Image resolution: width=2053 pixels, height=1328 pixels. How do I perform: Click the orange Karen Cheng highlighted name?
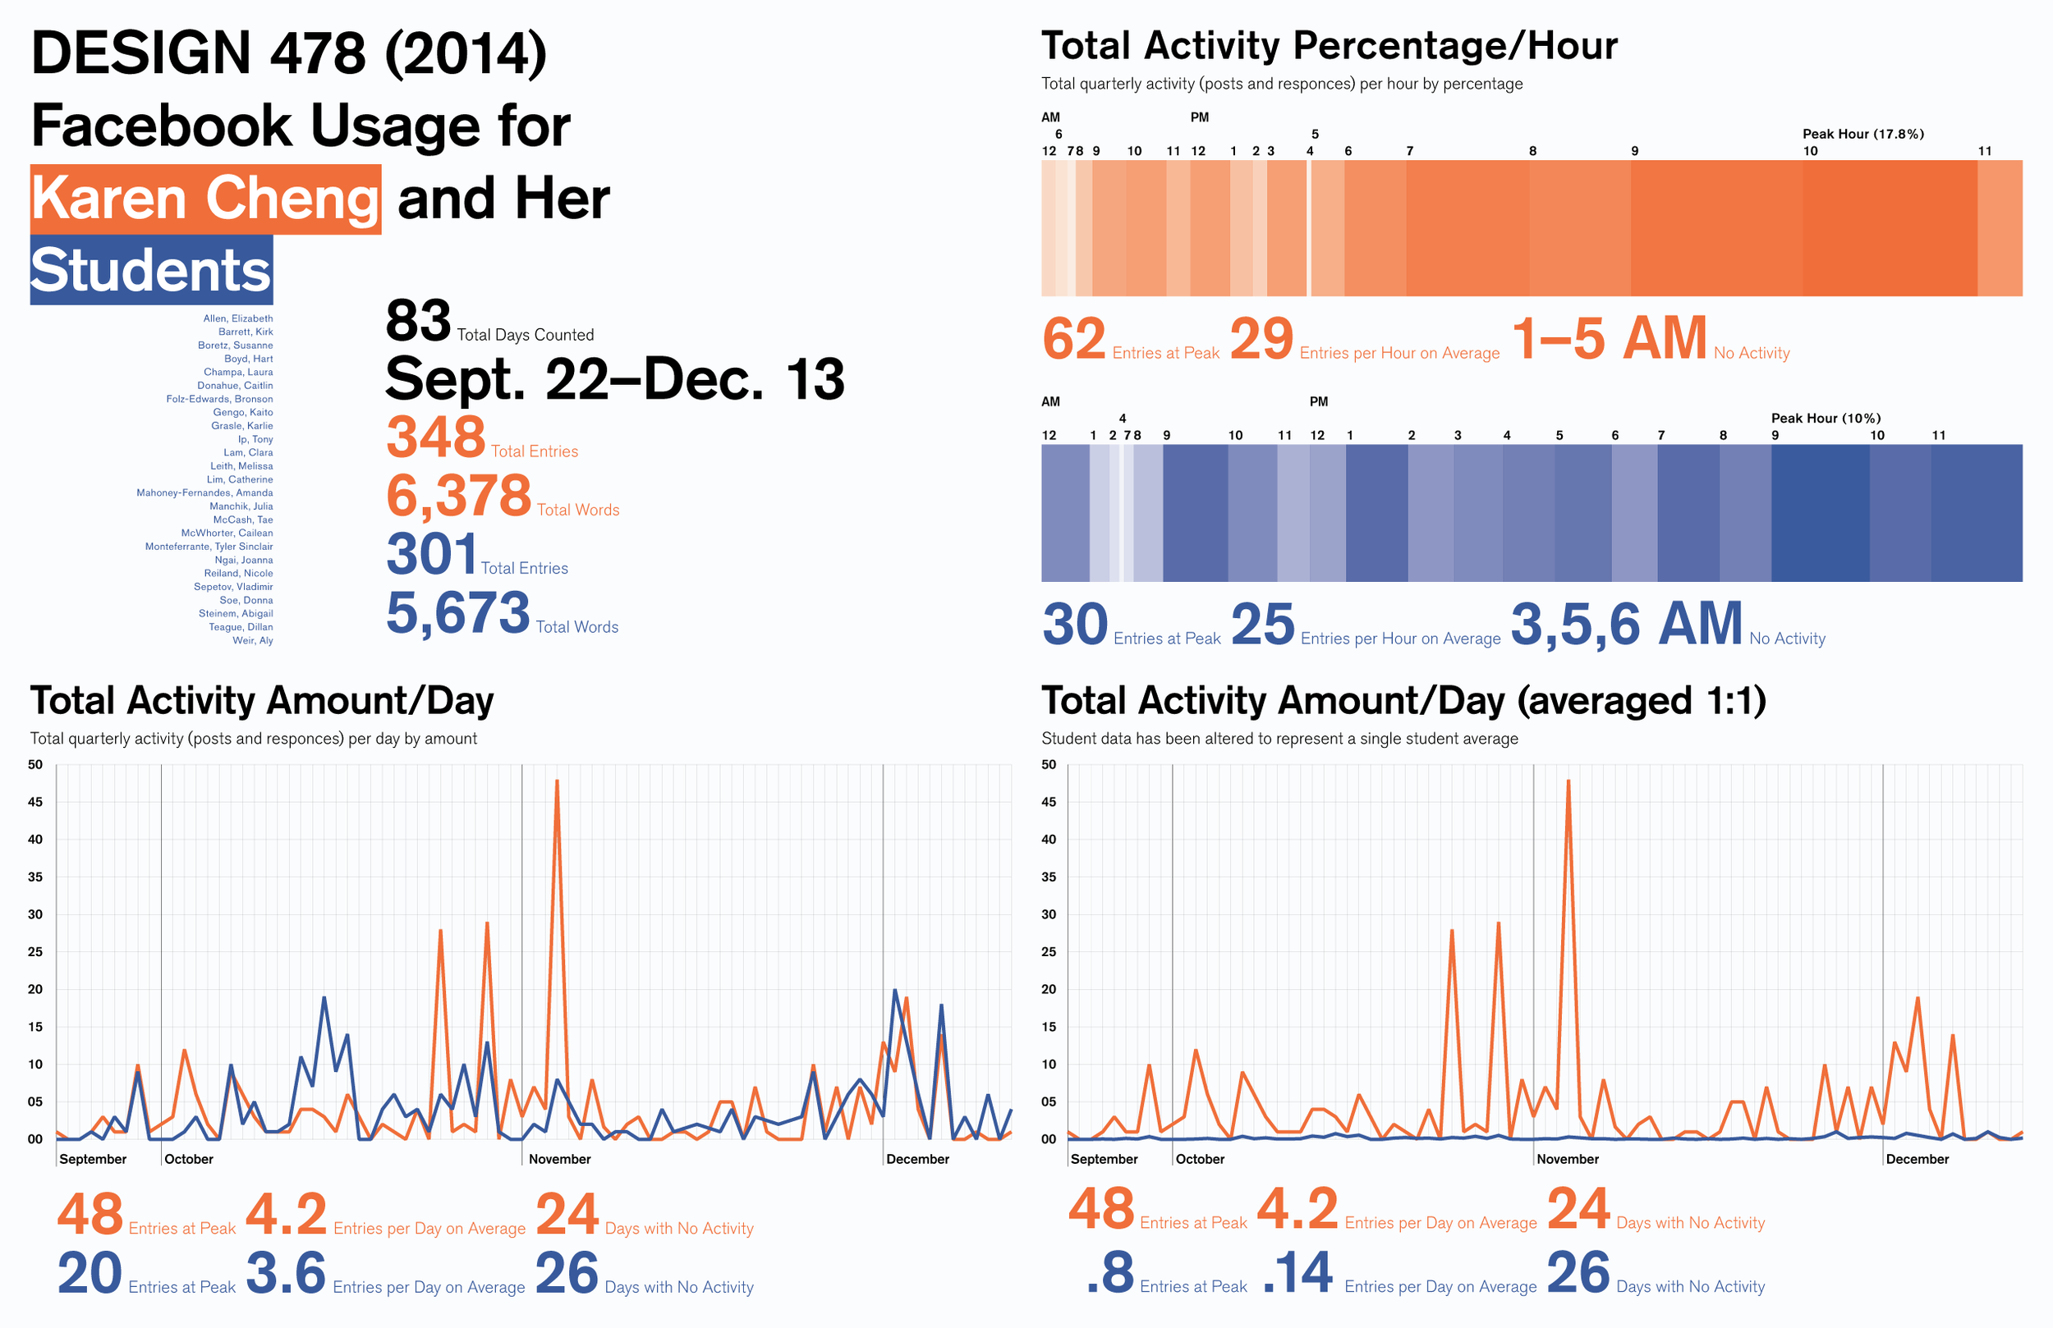click(205, 199)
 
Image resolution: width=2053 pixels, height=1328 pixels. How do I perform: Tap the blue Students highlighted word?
click(151, 271)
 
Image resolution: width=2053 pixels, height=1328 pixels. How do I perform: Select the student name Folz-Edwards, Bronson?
click(219, 399)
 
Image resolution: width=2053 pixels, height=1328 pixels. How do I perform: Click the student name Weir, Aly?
click(253, 641)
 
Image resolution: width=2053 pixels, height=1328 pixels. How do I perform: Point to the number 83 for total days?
click(417, 322)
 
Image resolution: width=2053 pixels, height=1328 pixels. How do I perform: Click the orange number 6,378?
click(458, 497)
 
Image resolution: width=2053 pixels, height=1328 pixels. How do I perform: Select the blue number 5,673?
click(457, 613)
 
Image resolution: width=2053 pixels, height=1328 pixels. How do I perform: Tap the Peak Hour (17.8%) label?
click(1862, 134)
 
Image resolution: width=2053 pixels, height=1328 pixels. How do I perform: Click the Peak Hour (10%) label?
click(1826, 419)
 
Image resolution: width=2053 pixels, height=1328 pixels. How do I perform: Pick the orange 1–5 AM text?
click(1609, 339)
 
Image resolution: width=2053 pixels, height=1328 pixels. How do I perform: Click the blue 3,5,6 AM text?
click(1626, 625)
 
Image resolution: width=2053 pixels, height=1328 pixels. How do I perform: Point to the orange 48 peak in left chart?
click(558, 781)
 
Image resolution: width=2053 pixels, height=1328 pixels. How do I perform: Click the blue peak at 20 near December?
click(894, 991)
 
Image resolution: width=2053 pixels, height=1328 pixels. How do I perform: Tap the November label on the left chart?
click(559, 1160)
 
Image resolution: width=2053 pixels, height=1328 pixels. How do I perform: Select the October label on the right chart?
click(1200, 1160)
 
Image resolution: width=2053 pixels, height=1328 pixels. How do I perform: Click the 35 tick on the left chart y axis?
click(35, 877)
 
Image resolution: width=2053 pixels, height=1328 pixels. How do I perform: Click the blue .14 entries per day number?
click(1298, 1275)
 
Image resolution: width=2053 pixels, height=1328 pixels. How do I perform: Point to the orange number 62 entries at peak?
click(1074, 339)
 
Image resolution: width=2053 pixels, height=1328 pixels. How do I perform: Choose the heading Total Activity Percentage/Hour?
click(1329, 46)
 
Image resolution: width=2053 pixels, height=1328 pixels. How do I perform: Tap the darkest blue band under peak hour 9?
click(1820, 513)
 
